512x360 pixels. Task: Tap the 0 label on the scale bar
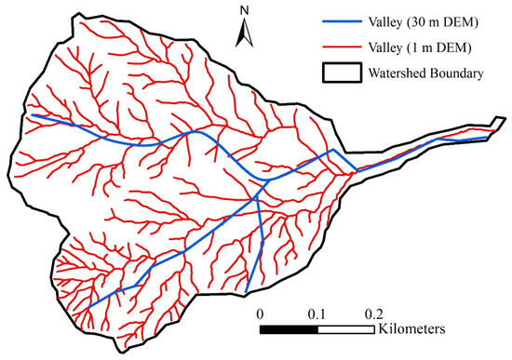(x=261, y=313)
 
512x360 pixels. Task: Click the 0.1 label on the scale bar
(x=317, y=313)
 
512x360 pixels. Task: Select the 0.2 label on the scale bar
(x=375, y=313)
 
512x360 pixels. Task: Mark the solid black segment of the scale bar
(x=289, y=329)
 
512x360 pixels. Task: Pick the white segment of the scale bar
(x=346, y=329)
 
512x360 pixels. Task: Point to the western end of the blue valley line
(x=32, y=115)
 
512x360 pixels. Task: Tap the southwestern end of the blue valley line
(x=89, y=307)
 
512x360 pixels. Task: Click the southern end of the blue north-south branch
(x=247, y=291)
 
